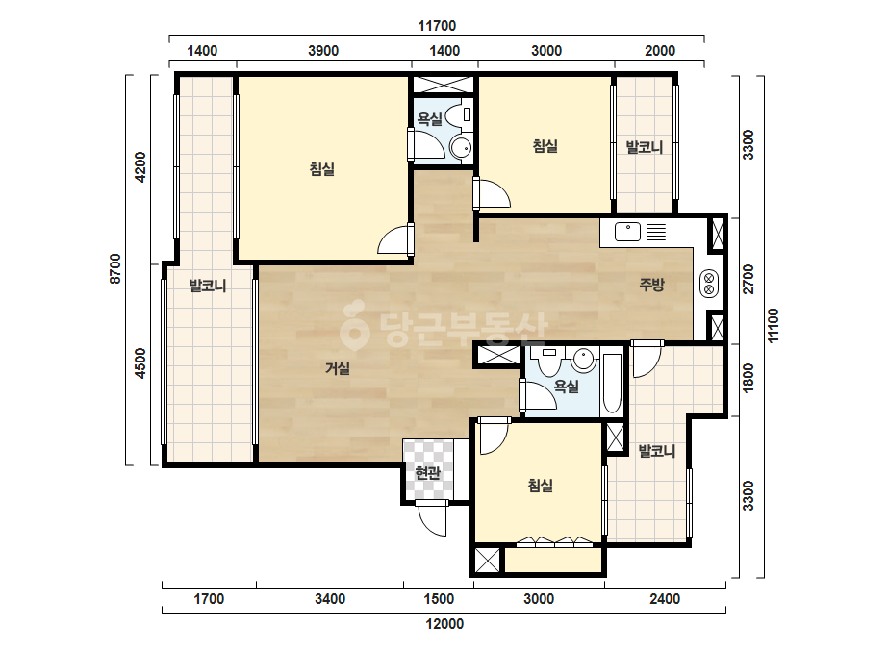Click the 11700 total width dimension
pyautogui.click(x=437, y=25)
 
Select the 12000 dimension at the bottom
pyautogui.click(x=444, y=624)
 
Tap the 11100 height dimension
pyautogui.click(x=774, y=325)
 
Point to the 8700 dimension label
pyautogui.click(x=114, y=268)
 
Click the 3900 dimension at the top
pyautogui.click(x=323, y=51)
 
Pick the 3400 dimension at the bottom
pyautogui.click(x=330, y=598)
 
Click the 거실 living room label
pyautogui.click(x=338, y=368)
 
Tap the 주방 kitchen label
pyautogui.click(x=651, y=285)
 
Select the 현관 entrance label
pyautogui.click(x=427, y=472)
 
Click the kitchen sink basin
pyautogui.click(x=627, y=232)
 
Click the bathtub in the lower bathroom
pyautogui.click(x=612, y=384)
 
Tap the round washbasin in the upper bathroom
pyautogui.click(x=461, y=148)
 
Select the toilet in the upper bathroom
pyautogui.click(x=459, y=115)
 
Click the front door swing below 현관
pyautogui.click(x=432, y=518)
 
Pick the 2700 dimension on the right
pyautogui.click(x=748, y=279)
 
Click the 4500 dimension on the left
pyautogui.click(x=140, y=363)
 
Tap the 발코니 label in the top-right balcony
pyautogui.click(x=644, y=148)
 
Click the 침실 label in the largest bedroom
pyautogui.click(x=322, y=168)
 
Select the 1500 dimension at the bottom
pyautogui.click(x=439, y=598)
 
